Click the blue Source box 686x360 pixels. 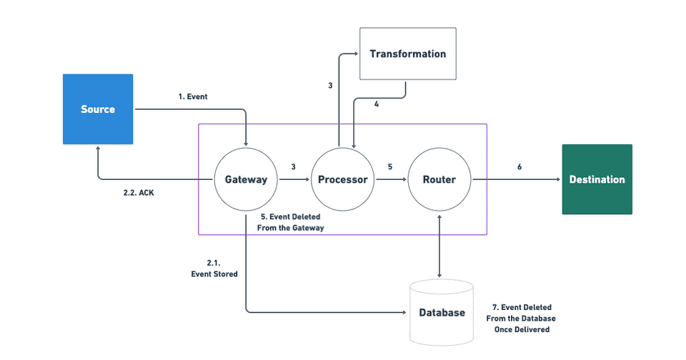point(97,109)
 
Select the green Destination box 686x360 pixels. point(597,179)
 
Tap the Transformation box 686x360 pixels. point(407,54)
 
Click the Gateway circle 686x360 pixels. point(246,179)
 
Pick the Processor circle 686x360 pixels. point(342,179)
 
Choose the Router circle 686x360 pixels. point(439,179)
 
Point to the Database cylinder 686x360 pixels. point(442,312)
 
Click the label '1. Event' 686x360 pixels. point(193,96)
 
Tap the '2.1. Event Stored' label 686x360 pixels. point(214,268)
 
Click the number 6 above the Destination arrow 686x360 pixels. point(519,166)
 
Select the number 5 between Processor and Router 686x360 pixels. point(389,166)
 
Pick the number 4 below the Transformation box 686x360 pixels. point(376,104)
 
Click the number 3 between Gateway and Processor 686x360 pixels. point(293,166)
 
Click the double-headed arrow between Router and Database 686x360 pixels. point(439,243)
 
